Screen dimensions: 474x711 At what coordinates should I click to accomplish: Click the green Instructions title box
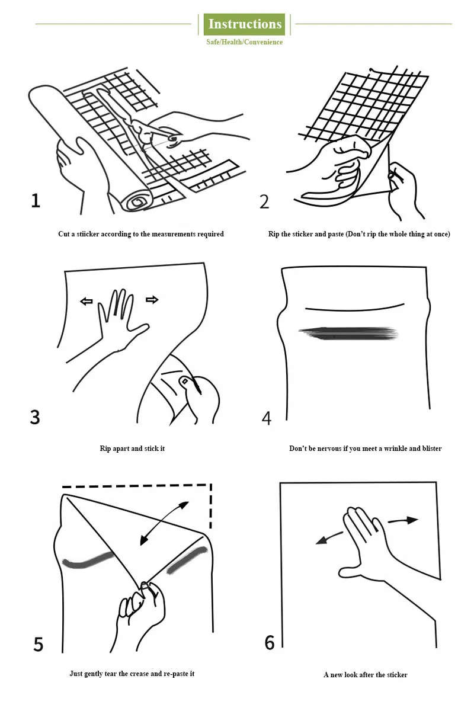tap(244, 24)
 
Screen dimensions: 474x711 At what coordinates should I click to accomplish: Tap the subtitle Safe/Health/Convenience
tap(244, 42)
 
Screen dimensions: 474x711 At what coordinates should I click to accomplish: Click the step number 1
tap(36, 201)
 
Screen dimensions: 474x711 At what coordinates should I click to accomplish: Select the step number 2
tap(264, 201)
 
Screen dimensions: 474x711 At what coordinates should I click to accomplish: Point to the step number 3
tap(35, 417)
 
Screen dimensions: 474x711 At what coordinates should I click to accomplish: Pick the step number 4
tap(267, 418)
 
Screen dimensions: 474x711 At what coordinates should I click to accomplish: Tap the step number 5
tap(38, 645)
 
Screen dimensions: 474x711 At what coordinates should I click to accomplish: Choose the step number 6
tap(270, 643)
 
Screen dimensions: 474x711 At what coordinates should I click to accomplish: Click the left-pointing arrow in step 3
tap(86, 301)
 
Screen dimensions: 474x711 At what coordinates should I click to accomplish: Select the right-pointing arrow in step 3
tap(152, 299)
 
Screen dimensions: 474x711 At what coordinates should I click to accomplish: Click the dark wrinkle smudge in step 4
tap(348, 333)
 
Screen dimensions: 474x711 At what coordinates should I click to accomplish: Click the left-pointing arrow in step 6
tap(329, 539)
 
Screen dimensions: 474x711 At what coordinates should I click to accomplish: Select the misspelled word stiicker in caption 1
tap(88, 234)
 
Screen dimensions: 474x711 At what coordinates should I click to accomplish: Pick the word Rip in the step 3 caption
tap(105, 449)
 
